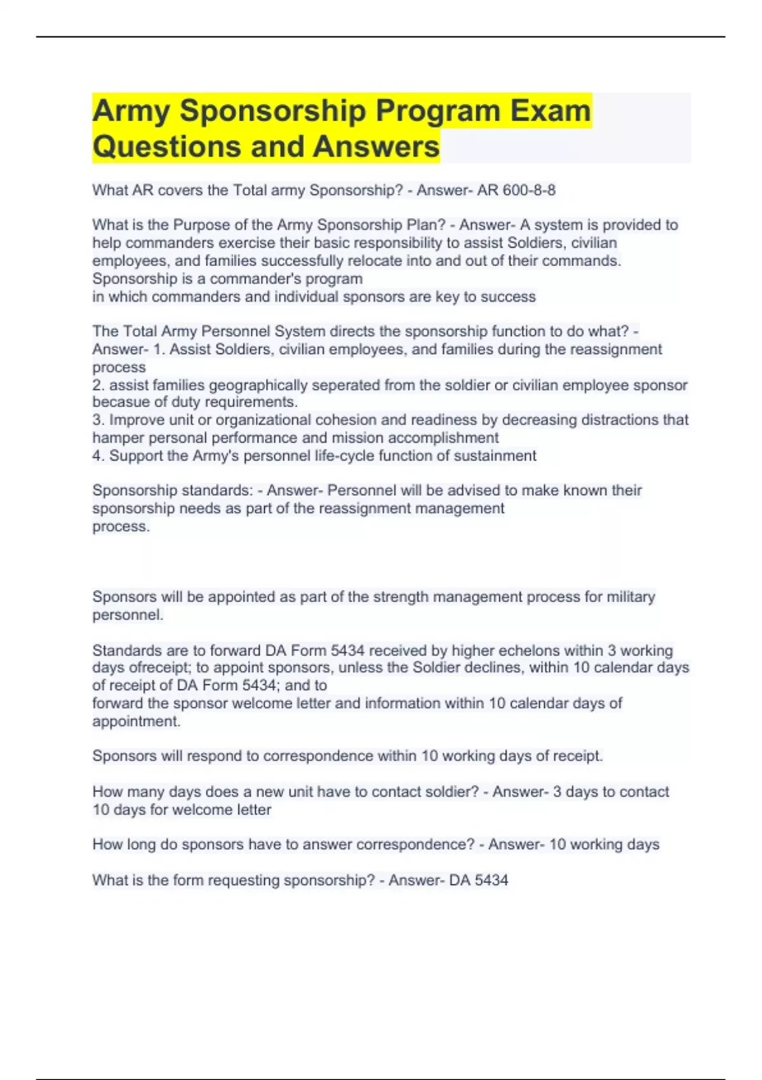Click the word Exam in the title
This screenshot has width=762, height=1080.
pyautogui.click(x=551, y=111)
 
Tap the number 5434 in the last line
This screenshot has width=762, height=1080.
pyautogui.click(x=491, y=881)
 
